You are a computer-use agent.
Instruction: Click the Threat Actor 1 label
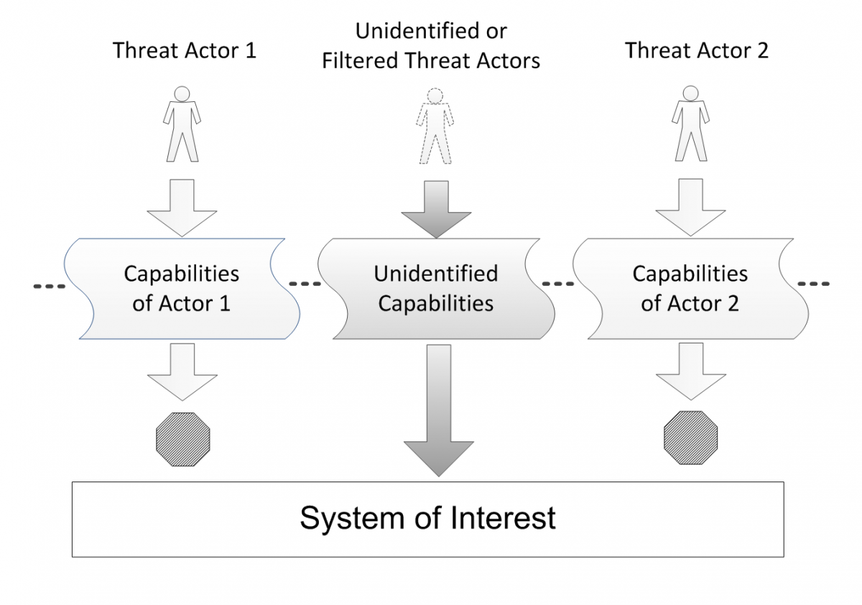click(185, 50)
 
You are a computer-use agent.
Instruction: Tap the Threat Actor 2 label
click(697, 50)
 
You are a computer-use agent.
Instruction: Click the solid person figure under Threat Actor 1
click(182, 124)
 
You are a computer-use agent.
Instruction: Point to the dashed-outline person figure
click(435, 126)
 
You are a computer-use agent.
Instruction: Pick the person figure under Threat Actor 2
click(691, 123)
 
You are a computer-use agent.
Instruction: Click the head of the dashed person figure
click(435, 96)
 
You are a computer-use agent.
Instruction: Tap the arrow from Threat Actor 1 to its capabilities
click(182, 208)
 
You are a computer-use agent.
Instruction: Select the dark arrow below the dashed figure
click(437, 209)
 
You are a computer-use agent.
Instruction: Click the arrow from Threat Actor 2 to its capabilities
click(691, 207)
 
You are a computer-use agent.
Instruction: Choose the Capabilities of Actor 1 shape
click(182, 289)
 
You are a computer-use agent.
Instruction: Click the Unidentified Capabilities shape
click(437, 289)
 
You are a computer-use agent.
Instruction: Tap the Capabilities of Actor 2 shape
click(691, 289)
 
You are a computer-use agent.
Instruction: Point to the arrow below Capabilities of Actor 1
click(182, 371)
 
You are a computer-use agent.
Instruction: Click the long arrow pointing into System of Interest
click(439, 410)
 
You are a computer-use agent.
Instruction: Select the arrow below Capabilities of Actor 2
click(691, 371)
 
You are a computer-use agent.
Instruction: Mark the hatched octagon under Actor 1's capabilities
click(183, 440)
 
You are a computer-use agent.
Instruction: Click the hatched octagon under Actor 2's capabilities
click(691, 438)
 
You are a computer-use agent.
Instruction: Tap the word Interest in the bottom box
click(503, 517)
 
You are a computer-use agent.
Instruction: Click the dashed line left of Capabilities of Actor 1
click(50, 287)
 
